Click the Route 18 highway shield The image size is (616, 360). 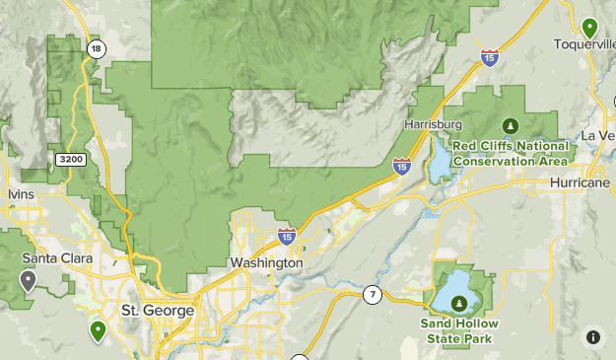point(96,48)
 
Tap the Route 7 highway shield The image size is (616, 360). point(372,294)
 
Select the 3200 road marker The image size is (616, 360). point(71,159)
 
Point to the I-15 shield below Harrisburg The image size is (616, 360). point(402,166)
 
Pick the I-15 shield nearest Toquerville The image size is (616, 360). point(490,57)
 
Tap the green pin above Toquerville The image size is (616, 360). point(589,28)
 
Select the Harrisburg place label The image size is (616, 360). point(434,125)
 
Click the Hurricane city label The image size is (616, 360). point(582,183)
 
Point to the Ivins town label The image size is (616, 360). point(21,194)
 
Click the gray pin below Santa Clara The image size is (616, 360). point(29,282)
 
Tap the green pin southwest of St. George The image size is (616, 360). point(98,330)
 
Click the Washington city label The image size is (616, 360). point(265,263)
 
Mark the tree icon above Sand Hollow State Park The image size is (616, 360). point(458,303)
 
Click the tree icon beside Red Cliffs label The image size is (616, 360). point(510,125)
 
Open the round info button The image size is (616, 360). point(592,336)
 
